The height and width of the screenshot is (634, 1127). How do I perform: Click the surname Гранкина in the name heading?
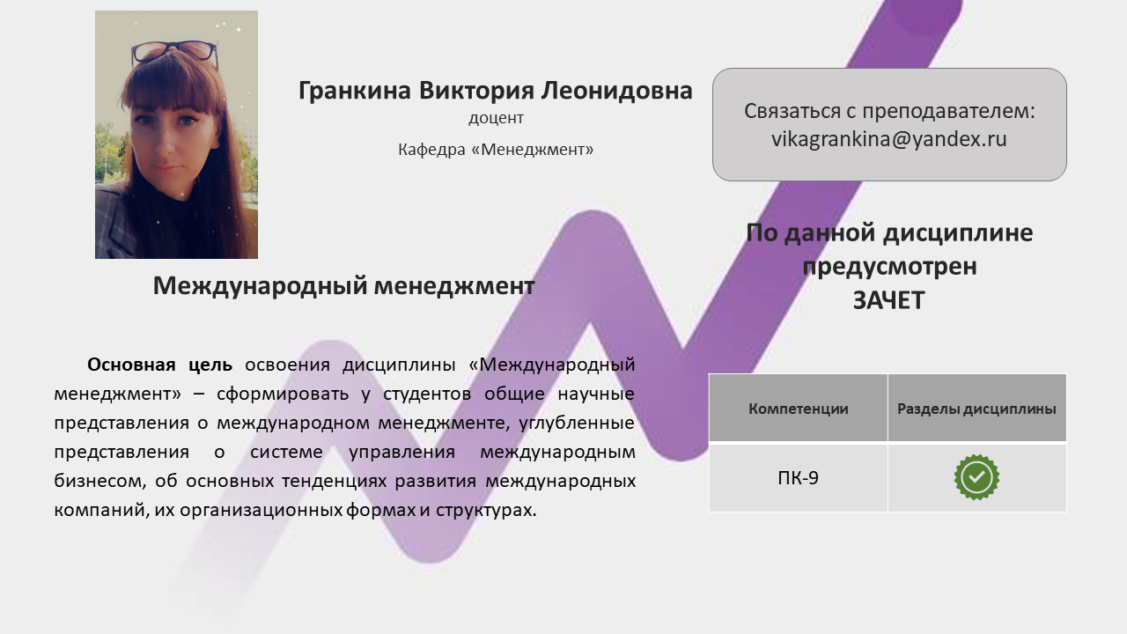pos(355,91)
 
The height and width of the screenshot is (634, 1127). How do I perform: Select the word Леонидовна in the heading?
pos(617,91)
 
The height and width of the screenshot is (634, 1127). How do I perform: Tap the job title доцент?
pos(496,118)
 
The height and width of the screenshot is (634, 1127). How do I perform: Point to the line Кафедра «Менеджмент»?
pos(496,150)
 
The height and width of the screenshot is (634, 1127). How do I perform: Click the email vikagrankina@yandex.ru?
pos(889,139)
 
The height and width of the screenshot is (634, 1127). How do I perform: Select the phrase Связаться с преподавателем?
pos(889,111)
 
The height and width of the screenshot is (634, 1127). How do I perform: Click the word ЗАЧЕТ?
pos(889,300)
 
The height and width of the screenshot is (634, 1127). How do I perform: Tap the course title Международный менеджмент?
pos(343,286)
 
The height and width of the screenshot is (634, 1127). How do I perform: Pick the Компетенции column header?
pos(798,409)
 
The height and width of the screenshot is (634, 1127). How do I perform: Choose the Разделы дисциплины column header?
pos(976,409)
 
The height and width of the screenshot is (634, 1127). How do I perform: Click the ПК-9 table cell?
pos(798,477)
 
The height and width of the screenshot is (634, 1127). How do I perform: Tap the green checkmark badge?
pos(976,477)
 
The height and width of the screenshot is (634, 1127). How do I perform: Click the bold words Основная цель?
pos(160,365)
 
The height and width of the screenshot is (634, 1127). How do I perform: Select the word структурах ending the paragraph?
pos(486,510)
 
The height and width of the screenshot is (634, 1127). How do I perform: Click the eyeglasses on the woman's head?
pos(174,54)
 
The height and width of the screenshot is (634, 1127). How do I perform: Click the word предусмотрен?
pos(889,267)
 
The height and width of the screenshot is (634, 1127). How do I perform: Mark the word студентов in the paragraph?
pos(427,394)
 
